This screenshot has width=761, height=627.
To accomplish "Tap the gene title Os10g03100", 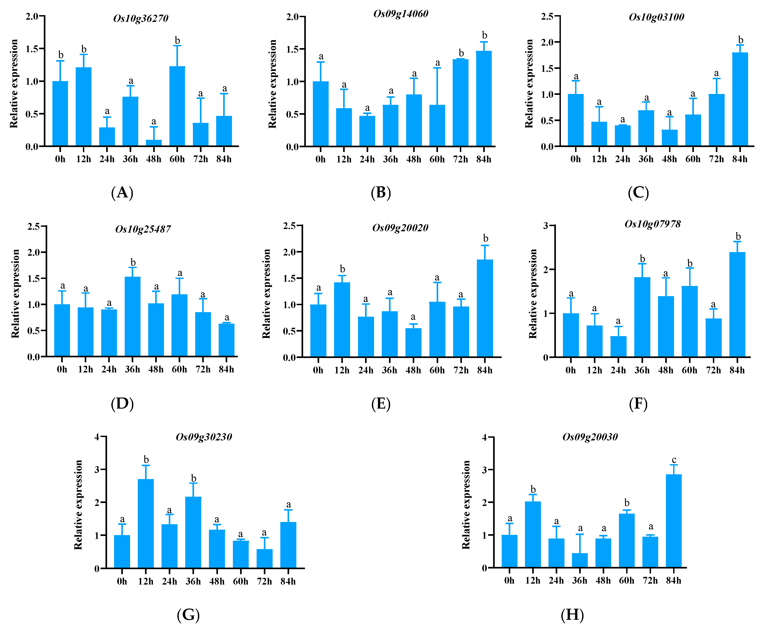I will [x=656, y=17].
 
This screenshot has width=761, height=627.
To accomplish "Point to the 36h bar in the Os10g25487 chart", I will [x=133, y=316].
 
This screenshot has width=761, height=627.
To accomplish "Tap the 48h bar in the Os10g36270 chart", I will [x=154, y=143].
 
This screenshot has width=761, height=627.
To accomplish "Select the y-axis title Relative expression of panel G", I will [x=78, y=505].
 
